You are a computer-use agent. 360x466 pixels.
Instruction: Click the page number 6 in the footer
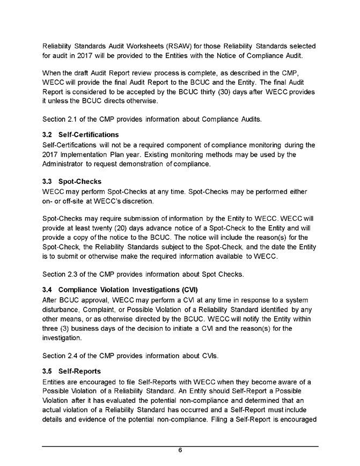pyautogui.click(x=180, y=450)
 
